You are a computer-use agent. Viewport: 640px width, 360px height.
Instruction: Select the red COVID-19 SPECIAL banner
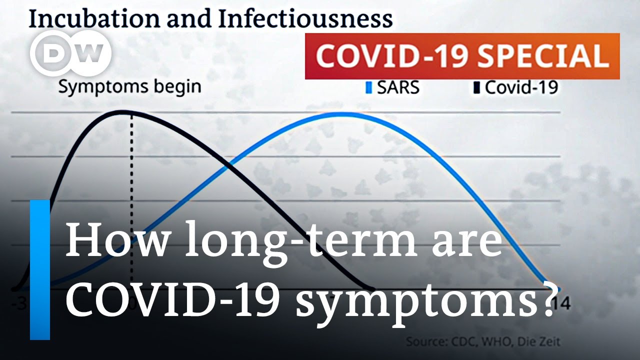462,56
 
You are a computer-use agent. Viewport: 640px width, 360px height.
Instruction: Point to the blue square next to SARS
369,88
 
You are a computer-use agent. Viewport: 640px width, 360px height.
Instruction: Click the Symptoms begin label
129,86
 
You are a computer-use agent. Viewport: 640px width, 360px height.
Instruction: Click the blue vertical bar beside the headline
40,270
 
